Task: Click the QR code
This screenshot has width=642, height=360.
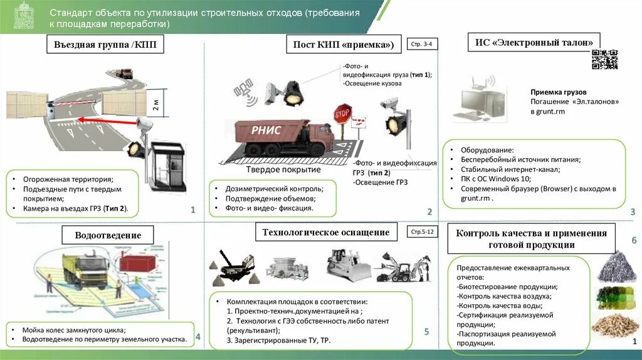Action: (x=605, y=59)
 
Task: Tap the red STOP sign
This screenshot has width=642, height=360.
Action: (x=342, y=115)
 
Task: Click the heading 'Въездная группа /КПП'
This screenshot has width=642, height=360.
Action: (x=105, y=45)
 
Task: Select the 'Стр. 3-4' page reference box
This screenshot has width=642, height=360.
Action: (x=423, y=45)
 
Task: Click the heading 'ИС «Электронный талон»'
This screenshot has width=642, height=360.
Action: (x=534, y=43)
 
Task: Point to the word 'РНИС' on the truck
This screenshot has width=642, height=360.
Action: (x=266, y=130)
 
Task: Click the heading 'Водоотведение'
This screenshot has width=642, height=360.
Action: (x=108, y=235)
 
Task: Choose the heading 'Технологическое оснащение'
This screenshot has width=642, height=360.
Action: (x=326, y=232)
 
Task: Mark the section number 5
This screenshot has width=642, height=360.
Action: (x=426, y=332)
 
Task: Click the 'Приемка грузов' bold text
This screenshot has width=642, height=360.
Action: (x=555, y=91)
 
